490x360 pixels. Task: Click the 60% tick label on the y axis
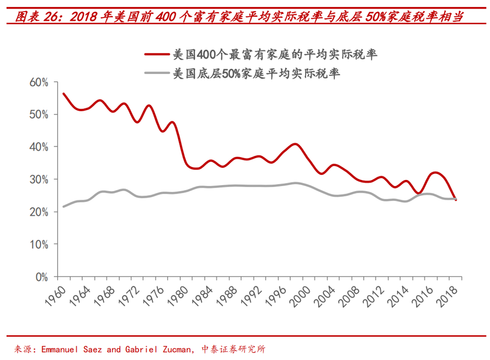click(x=39, y=82)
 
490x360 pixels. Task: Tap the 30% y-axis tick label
click(x=39, y=179)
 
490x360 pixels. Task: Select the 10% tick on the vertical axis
click(x=39, y=245)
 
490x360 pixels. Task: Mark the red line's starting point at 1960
click(x=64, y=94)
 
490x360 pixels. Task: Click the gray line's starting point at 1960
click(x=64, y=206)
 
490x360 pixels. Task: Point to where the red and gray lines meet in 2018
click(x=456, y=199)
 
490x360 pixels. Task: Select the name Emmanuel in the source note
click(x=59, y=349)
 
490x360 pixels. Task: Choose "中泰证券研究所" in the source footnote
click(x=234, y=349)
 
